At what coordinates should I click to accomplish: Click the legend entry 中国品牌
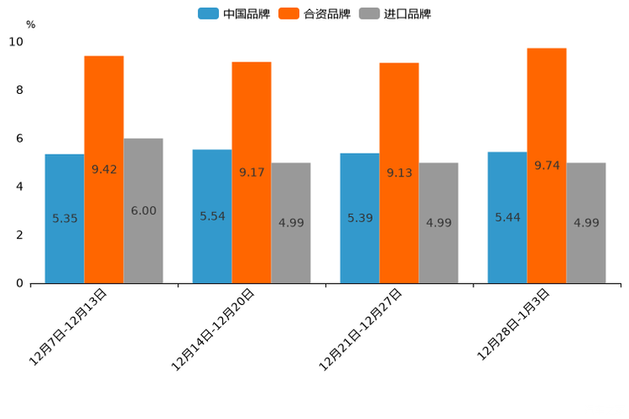234,14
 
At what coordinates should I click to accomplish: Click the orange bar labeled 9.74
547,166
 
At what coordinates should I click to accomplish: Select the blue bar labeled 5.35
64,219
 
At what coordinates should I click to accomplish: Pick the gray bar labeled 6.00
143,211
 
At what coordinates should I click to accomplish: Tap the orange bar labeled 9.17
252,172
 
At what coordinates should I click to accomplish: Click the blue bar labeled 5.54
212,216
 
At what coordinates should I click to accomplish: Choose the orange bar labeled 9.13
399,173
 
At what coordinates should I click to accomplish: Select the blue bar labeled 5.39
359,218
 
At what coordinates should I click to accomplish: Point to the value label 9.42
104,169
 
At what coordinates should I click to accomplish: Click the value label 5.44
507,217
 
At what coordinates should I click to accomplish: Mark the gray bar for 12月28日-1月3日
586,223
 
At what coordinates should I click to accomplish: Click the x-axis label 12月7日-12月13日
69,326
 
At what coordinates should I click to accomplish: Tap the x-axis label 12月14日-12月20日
214,329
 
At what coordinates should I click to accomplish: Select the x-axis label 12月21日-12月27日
361,329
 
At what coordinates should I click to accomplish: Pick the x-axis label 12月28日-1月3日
514,324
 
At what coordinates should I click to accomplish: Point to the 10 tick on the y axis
16,42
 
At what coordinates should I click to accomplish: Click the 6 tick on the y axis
19,139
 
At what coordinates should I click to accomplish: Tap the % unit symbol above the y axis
30,24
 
